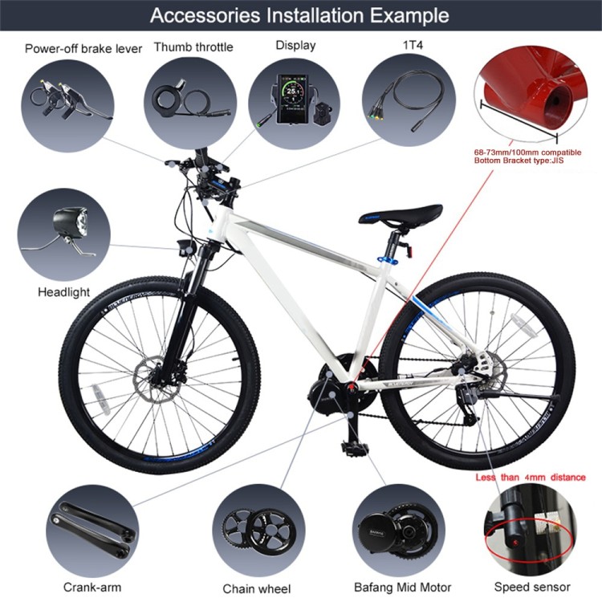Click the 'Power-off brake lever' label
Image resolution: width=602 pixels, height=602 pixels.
[83, 49]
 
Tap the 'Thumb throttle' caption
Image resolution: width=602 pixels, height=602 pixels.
[193, 47]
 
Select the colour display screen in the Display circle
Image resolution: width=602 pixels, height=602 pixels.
[292, 99]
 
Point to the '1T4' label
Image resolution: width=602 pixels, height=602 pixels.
[413, 45]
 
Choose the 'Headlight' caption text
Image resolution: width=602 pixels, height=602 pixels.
[63, 292]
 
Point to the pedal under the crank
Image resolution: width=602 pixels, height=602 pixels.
[354, 448]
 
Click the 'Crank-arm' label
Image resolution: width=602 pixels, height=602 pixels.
[92, 587]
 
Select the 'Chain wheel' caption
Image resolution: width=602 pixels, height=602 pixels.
[257, 588]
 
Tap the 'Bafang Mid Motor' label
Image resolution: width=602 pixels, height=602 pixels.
[402, 588]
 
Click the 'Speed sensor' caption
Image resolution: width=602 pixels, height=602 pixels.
[532, 587]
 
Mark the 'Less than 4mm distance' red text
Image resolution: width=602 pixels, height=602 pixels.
[531, 478]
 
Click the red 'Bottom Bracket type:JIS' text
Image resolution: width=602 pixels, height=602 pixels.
[519, 161]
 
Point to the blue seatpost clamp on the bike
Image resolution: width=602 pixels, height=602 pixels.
[388, 261]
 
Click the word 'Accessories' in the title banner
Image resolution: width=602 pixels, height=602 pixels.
[205, 15]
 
